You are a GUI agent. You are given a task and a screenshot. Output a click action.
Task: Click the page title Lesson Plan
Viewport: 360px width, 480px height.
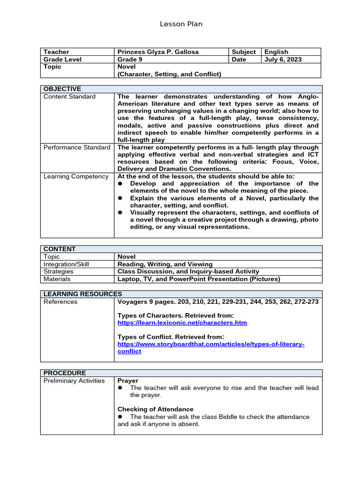(x=181, y=24)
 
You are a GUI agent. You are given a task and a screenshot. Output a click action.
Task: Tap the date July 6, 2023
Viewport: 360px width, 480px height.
(x=283, y=60)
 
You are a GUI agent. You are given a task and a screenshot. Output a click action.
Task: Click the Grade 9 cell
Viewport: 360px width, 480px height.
(x=131, y=60)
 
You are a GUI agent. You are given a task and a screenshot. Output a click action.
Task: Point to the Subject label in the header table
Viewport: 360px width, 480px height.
(x=244, y=52)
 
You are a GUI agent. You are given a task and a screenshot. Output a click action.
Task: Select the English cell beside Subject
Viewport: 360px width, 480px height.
(x=276, y=52)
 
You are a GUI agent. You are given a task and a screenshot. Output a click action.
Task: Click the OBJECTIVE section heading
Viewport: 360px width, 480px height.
(x=62, y=89)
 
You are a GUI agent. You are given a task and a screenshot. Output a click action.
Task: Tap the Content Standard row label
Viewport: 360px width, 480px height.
(x=69, y=97)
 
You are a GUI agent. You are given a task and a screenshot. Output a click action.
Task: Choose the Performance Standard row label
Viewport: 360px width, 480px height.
(x=77, y=147)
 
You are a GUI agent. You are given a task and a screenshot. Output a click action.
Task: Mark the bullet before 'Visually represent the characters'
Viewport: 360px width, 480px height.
(x=120, y=212)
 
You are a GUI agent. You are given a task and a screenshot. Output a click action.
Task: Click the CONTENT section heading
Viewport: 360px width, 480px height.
(x=60, y=249)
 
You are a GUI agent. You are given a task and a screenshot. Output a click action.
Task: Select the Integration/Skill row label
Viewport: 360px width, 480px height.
(x=66, y=264)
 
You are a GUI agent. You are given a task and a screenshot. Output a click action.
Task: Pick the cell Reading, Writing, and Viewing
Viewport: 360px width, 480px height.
(x=165, y=264)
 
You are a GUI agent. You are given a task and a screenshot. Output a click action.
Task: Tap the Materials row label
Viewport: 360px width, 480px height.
(x=57, y=279)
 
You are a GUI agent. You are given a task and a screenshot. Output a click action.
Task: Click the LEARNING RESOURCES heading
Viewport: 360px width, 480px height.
(x=82, y=294)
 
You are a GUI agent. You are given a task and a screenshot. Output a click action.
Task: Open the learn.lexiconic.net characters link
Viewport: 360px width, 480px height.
(x=182, y=323)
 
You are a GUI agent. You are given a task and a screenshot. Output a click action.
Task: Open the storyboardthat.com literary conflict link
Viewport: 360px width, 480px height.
(x=210, y=347)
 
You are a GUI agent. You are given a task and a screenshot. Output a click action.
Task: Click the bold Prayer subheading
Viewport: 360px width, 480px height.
(x=127, y=381)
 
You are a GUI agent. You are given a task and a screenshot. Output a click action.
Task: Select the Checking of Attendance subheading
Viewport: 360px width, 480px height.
(x=155, y=409)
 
